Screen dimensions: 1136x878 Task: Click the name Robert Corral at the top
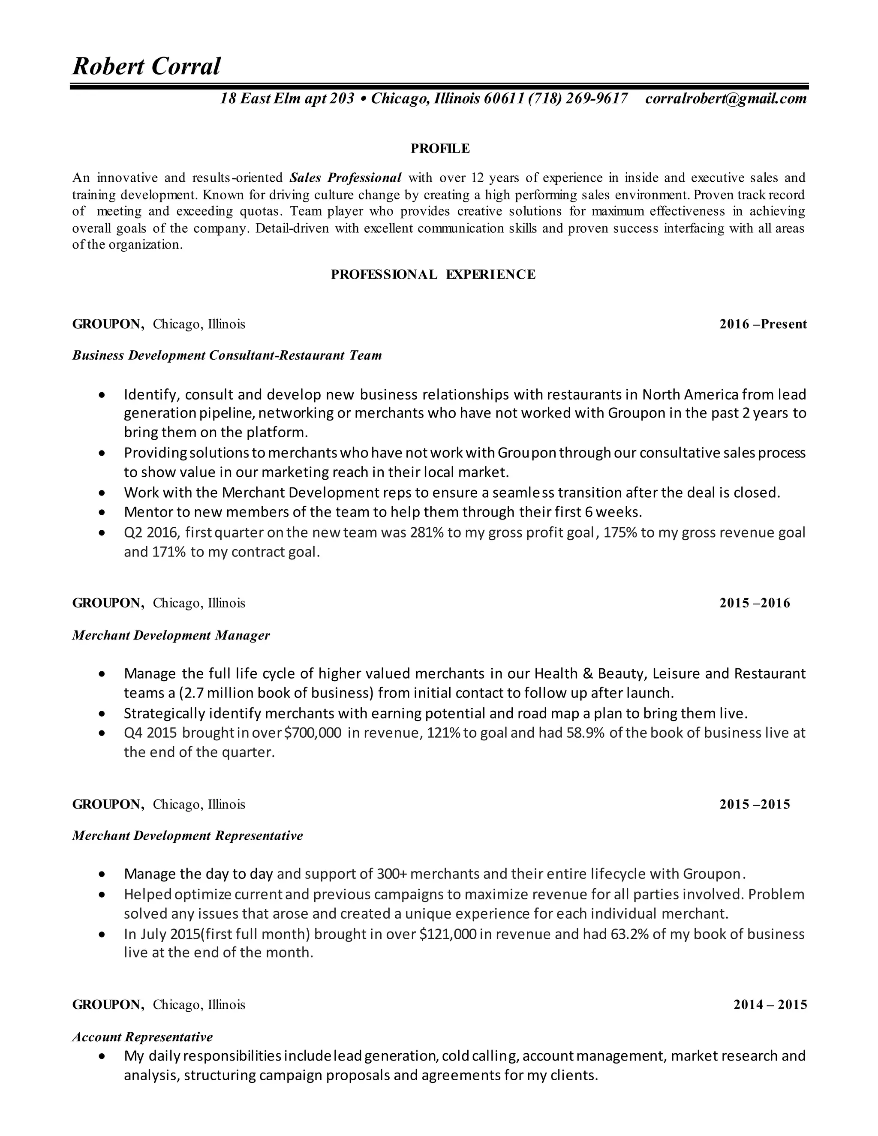coord(146,66)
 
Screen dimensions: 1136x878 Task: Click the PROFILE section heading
coord(440,149)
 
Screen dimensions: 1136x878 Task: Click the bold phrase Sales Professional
coord(346,178)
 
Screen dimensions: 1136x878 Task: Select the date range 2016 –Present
coord(763,324)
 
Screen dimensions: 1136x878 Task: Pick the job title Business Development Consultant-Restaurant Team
coord(227,355)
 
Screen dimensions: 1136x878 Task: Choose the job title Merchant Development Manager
coord(171,635)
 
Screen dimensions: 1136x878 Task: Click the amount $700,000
coord(313,733)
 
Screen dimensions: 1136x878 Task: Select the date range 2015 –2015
coord(755,804)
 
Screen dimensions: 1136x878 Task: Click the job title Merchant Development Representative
coord(187,835)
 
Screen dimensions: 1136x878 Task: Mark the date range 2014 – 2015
coord(770,1004)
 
